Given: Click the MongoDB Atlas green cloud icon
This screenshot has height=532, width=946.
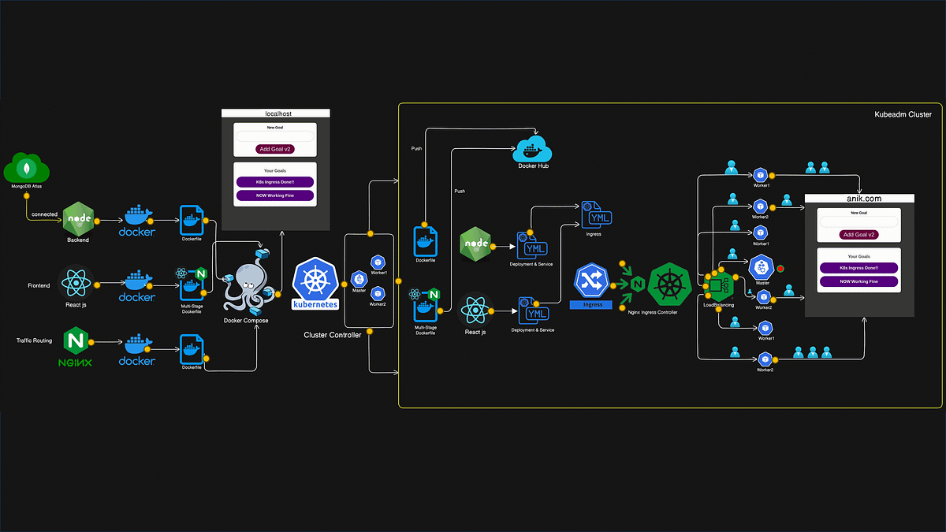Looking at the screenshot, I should (27, 170).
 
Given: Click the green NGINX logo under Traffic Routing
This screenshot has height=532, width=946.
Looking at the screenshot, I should (76, 341).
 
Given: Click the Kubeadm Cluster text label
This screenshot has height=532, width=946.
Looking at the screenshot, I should (903, 115).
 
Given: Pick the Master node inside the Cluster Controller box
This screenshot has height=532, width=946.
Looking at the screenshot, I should (359, 277).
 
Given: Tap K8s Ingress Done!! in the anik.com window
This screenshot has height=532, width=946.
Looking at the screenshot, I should (858, 267).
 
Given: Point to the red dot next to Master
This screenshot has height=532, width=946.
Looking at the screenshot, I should (780, 269).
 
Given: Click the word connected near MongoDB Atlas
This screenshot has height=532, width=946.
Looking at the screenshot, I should (44, 214).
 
